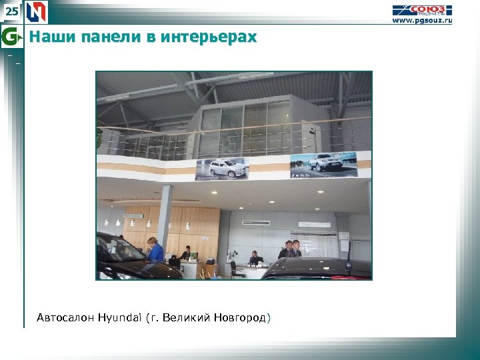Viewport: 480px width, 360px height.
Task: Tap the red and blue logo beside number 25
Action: [38, 11]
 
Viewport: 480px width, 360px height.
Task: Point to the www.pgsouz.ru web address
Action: [421, 21]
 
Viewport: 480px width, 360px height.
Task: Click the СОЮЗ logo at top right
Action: [421, 9]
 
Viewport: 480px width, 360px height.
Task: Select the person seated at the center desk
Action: [253, 259]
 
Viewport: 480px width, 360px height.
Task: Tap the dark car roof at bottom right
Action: [320, 267]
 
